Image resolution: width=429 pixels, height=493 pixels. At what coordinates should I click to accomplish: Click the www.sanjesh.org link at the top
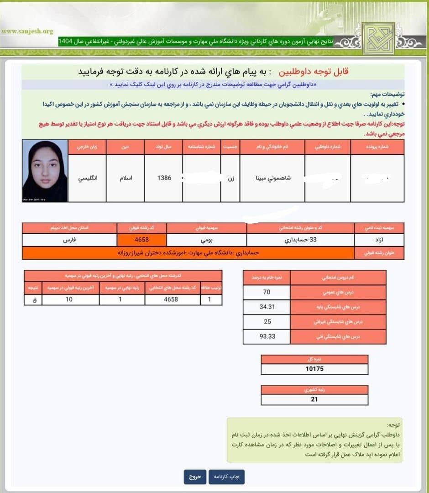pos(27,31)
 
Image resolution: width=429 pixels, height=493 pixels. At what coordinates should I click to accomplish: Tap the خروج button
pos(195,477)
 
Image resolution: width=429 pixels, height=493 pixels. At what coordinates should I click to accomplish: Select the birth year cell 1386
pos(164,178)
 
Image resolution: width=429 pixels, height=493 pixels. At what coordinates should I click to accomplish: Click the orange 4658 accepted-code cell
pos(141,240)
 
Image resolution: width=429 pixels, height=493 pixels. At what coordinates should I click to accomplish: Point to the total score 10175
pos(314,369)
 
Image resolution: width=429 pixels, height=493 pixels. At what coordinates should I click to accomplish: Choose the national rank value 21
pos(314,399)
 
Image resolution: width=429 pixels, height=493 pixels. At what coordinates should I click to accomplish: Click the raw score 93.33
pos(267,337)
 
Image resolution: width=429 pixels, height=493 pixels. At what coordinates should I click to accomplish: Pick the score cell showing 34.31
pos(267,307)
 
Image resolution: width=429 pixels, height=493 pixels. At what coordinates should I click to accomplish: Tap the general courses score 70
pos(267,292)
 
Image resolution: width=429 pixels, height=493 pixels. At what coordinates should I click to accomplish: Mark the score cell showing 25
pos(267,322)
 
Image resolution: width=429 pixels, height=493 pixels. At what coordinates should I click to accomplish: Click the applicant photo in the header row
pos(45,171)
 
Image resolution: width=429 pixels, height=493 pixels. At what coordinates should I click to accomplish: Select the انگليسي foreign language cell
pos(87,178)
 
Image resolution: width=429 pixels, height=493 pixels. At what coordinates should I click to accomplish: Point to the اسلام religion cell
pos(125,178)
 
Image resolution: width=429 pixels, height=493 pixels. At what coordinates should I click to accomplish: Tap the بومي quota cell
pos(206,240)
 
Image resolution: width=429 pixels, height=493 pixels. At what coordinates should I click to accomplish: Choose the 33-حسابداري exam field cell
pos(300,240)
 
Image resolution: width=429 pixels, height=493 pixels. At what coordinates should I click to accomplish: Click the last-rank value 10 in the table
pos(69,300)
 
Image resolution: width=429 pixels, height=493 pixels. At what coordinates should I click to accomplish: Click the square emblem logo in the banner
pos(378,39)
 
